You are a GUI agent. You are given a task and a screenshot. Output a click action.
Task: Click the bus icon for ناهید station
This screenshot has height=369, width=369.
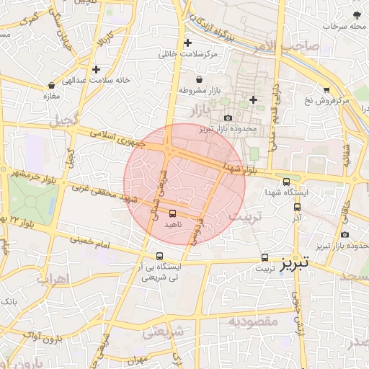click(x=172, y=213)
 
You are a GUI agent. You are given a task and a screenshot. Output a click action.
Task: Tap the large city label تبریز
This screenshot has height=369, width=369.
click(x=294, y=262)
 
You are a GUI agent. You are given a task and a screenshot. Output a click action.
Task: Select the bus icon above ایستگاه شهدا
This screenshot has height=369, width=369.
click(x=287, y=182)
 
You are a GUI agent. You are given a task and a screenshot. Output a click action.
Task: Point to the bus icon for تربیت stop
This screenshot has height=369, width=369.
click(x=264, y=257)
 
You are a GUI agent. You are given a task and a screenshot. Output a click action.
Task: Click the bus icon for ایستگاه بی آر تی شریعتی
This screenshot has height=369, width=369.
click(x=159, y=256)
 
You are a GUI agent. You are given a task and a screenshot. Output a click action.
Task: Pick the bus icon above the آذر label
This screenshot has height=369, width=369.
click(x=297, y=207)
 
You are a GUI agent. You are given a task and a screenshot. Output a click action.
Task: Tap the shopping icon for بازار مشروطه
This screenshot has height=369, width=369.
click(x=198, y=79)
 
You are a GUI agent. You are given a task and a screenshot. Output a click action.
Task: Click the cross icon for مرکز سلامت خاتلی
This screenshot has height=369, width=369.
click(x=188, y=43)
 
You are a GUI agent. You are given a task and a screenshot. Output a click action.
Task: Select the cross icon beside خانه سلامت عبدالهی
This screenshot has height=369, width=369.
click(x=96, y=69)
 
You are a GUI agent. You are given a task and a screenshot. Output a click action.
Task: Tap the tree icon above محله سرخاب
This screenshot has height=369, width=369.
click(x=356, y=14)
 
